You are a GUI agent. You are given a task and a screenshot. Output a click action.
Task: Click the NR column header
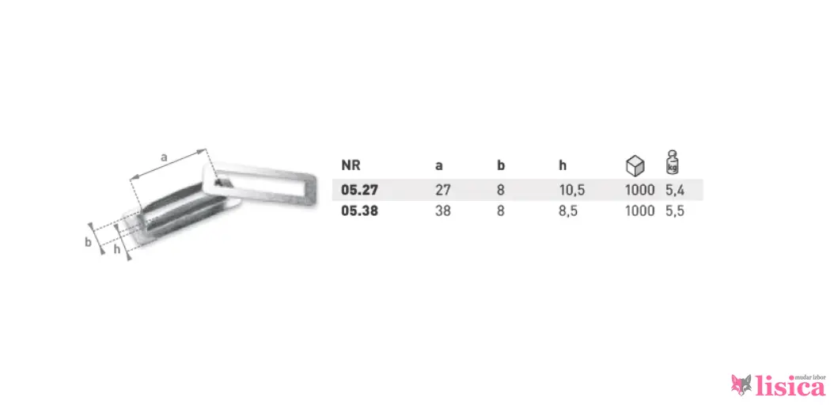tap(351, 165)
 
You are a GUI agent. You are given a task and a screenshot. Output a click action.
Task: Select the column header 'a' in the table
tap(439, 166)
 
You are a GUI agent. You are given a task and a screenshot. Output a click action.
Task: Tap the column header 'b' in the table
tap(501, 165)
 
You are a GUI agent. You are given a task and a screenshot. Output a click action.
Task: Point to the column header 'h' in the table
tap(563, 165)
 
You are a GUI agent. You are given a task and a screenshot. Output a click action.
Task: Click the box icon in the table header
tap(635, 166)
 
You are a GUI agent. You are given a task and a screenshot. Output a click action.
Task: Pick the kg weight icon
tap(673, 163)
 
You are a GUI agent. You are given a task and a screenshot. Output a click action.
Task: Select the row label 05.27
tap(359, 190)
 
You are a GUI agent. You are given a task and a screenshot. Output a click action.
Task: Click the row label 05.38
tap(359, 211)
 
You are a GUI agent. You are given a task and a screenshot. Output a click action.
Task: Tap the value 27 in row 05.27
tap(442, 190)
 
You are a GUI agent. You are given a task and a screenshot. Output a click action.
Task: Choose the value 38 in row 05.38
tap(442, 211)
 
